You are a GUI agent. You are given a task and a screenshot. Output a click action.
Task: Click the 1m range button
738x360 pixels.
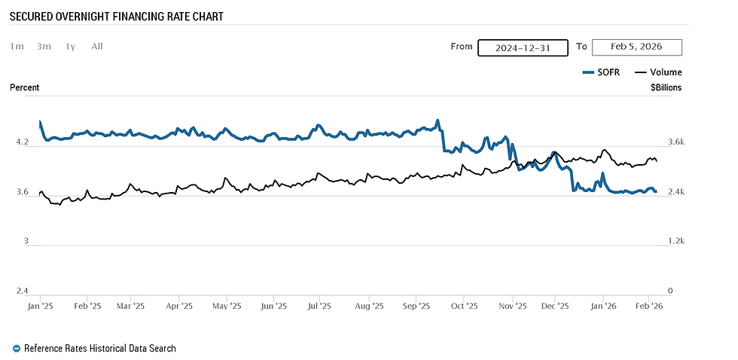[x=17, y=47]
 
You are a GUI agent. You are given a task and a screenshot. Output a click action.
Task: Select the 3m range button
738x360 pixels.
[x=44, y=47]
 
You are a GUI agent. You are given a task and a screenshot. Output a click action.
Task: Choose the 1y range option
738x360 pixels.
[x=70, y=47]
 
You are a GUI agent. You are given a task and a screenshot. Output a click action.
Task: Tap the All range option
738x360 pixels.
[x=96, y=47]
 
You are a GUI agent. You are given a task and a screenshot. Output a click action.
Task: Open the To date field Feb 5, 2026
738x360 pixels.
[x=636, y=47]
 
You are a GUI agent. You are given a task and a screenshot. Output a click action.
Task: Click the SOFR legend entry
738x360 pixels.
[x=601, y=72]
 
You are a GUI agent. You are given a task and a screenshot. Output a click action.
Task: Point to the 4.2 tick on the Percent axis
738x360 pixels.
[x=22, y=142]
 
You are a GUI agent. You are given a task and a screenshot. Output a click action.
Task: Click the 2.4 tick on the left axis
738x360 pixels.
[x=22, y=291]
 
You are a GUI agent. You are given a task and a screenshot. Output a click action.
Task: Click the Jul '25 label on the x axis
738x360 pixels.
[x=320, y=307]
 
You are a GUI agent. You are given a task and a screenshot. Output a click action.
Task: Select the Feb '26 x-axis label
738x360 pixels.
[x=649, y=307]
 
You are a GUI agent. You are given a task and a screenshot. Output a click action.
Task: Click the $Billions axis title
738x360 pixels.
[x=666, y=88]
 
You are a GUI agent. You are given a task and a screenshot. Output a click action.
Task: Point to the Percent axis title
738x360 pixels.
[x=25, y=88]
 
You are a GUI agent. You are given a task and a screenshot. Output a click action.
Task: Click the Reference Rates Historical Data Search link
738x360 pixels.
[x=99, y=349]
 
